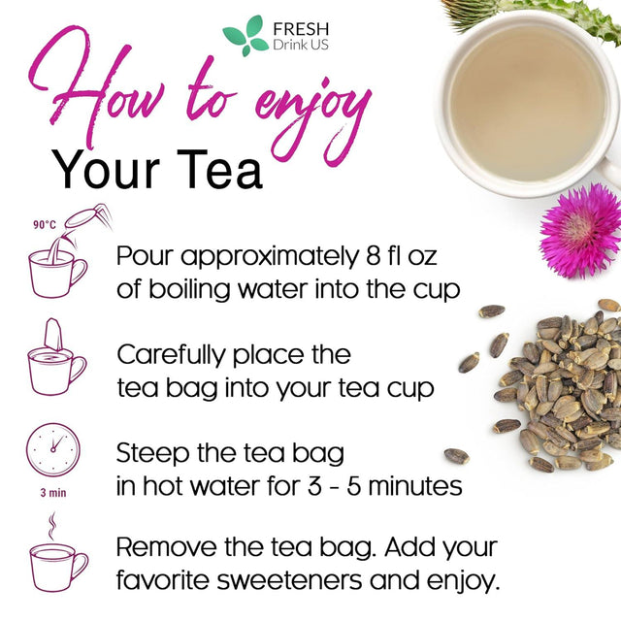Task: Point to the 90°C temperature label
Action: (x=45, y=224)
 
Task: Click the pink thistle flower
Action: (x=579, y=232)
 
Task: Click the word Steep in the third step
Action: (x=149, y=452)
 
